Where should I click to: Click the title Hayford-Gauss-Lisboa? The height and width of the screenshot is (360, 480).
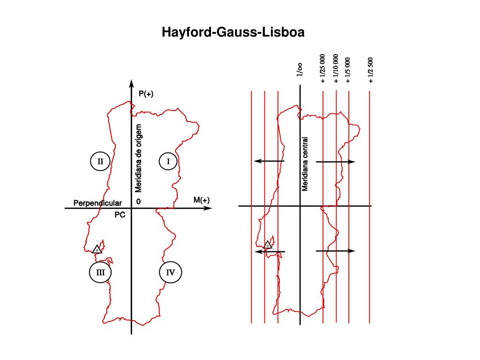point(233,32)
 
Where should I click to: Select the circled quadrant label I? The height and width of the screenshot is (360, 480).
point(168,162)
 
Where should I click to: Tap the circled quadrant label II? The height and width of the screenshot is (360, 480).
point(100,162)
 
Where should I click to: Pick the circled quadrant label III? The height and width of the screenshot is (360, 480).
point(100,272)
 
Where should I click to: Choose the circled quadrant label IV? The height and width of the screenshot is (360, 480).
point(170,272)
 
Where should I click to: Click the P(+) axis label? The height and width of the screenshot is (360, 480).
point(146,94)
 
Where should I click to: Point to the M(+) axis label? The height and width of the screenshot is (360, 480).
point(202,200)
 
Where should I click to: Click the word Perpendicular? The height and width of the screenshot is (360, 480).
point(97,203)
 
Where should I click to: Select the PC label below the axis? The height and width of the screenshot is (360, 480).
point(120,215)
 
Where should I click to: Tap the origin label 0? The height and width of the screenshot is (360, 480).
point(138,202)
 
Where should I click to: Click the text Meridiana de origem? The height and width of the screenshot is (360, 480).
point(138,158)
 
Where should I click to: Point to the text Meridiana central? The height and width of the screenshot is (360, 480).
point(305,164)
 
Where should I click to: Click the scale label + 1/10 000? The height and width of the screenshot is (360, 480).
point(336,68)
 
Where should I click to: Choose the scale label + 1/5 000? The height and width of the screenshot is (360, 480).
point(348,70)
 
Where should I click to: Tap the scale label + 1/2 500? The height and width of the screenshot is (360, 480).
point(370,70)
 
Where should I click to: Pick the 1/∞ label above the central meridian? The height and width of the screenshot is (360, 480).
point(299,69)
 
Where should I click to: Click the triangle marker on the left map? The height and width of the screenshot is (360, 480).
point(97,249)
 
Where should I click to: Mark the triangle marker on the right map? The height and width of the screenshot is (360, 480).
point(268,244)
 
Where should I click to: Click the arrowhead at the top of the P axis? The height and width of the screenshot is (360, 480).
point(131,84)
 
